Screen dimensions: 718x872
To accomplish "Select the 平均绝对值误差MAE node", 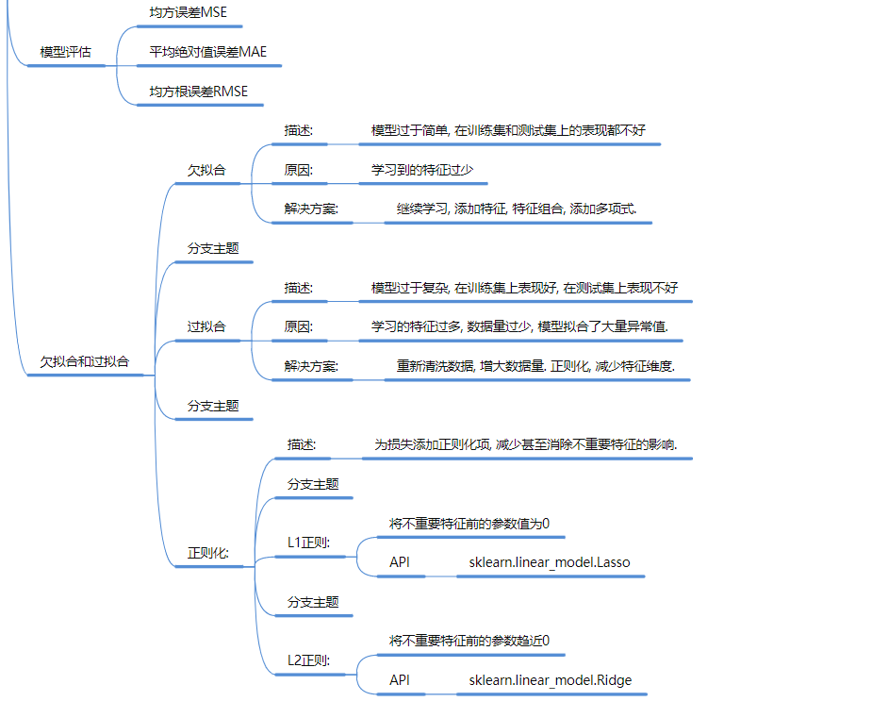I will click(x=207, y=52).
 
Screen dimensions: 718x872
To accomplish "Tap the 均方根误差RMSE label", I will click(x=198, y=92).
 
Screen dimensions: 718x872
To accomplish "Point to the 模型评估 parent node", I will click(x=66, y=52).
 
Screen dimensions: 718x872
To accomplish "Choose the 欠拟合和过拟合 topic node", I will click(x=85, y=361).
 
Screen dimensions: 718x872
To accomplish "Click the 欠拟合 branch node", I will click(x=206, y=171).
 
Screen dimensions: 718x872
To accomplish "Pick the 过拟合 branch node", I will click(x=206, y=326).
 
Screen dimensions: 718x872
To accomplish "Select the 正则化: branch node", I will click(x=208, y=552).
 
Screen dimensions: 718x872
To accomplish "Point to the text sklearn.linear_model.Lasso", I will click(x=550, y=562).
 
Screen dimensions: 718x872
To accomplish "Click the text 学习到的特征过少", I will click(x=422, y=170).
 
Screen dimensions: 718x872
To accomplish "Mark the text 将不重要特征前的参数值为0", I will click(x=469, y=523).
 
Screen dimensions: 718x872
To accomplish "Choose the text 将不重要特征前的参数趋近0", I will click(x=469, y=641).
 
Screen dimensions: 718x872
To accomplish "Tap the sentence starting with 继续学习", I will click(x=517, y=209).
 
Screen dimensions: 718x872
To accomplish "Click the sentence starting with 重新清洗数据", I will click(x=535, y=366).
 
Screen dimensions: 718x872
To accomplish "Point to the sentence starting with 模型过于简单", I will click(x=508, y=130).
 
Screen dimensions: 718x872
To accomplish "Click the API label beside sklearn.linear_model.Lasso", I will click(x=400, y=562).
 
